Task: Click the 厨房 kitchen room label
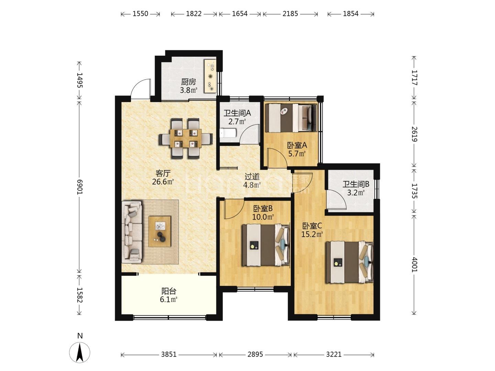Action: (x=188, y=81)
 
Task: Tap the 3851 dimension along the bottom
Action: (x=169, y=354)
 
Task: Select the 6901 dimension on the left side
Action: (x=80, y=187)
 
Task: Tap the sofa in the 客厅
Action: (x=132, y=232)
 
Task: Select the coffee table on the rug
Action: (x=159, y=231)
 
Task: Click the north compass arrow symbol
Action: (x=80, y=352)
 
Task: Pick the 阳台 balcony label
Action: (x=169, y=291)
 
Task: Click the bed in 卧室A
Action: (x=291, y=118)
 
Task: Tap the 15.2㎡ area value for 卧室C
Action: (x=312, y=234)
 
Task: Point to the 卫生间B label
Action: (x=356, y=184)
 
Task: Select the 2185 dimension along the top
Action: (x=290, y=14)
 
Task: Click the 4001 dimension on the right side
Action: (x=415, y=265)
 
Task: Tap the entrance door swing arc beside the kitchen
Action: (x=140, y=88)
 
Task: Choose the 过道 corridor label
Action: (x=252, y=176)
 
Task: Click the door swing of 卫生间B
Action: (x=336, y=200)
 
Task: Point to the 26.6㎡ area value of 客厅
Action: (x=163, y=182)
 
